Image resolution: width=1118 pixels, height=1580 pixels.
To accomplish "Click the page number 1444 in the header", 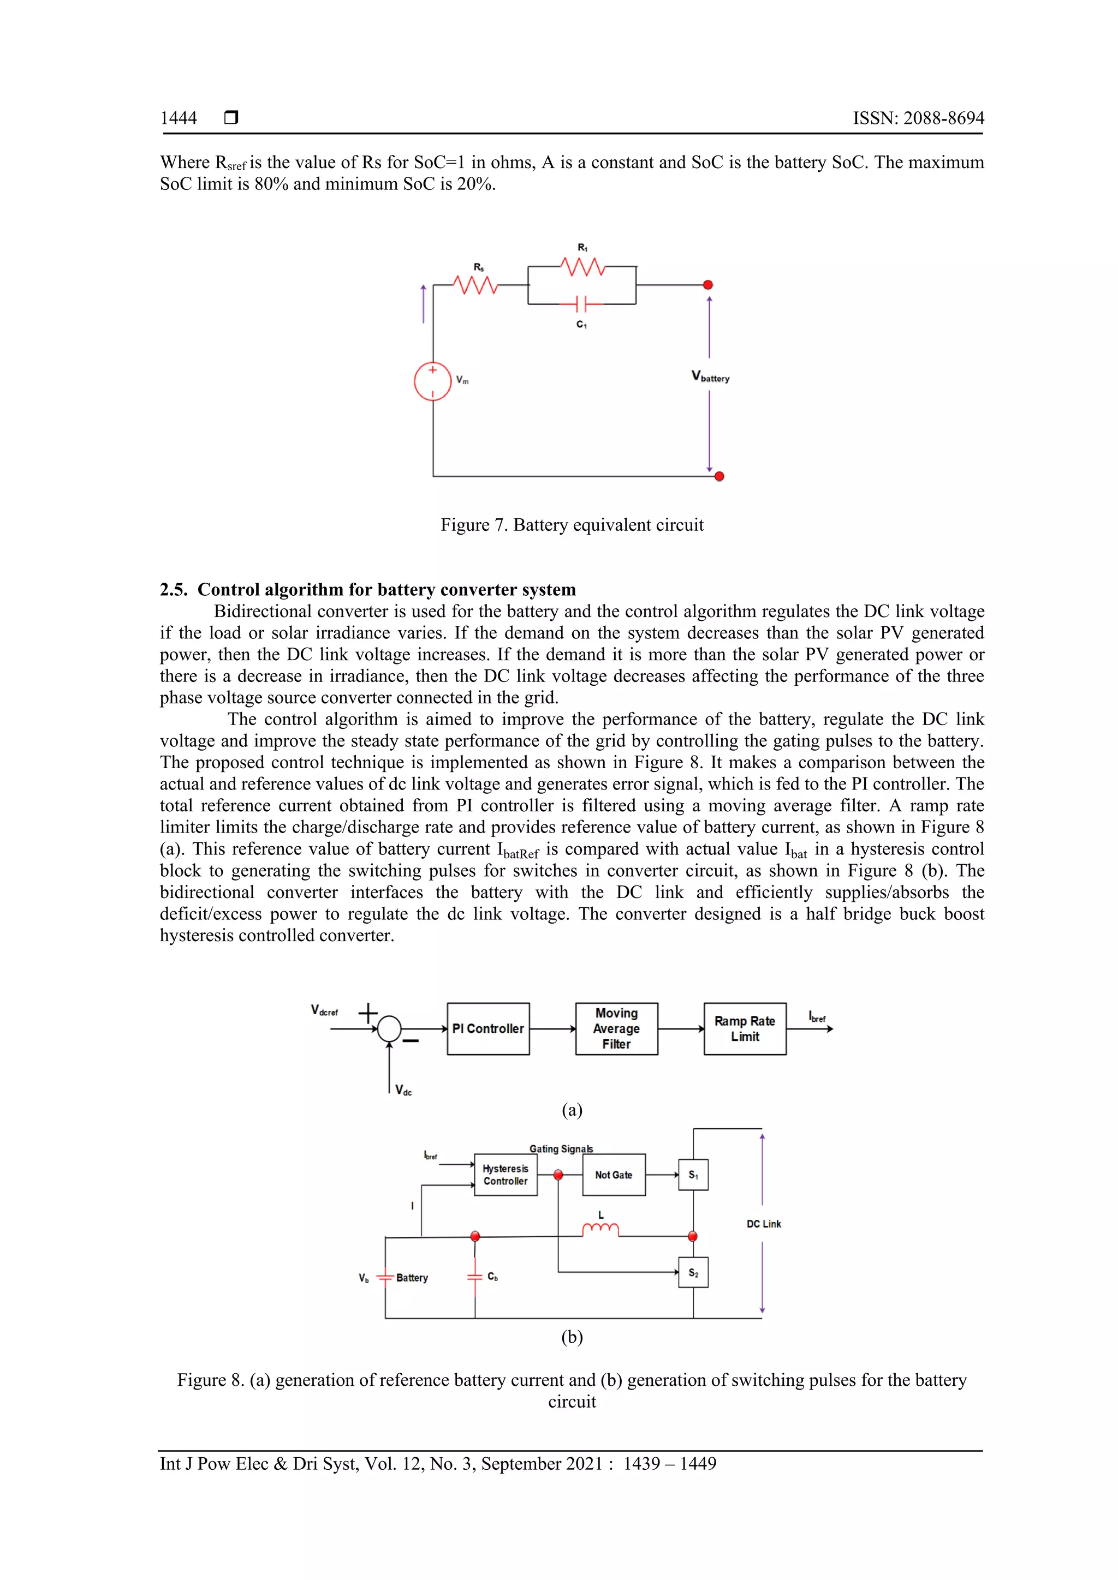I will pyautogui.click(x=179, y=118).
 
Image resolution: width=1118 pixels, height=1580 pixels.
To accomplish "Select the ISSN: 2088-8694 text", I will pyautogui.click(x=918, y=118).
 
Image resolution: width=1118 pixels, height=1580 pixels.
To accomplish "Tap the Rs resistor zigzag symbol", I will pyautogui.click(x=475, y=284).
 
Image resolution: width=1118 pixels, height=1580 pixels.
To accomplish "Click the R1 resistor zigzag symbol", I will pyautogui.click(x=582, y=266).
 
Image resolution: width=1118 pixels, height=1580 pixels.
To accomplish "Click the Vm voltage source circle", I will pyautogui.click(x=432, y=381).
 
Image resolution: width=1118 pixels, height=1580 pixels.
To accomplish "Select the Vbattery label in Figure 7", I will pyautogui.click(x=710, y=377).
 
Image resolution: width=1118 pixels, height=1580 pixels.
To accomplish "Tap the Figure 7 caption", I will pyautogui.click(x=572, y=525).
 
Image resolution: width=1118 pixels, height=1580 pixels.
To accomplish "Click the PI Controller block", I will pyautogui.click(x=488, y=1029).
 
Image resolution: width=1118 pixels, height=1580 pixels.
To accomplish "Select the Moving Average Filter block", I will pyautogui.click(x=617, y=1029).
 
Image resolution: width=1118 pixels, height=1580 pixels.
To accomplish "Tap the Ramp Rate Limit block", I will pyautogui.click(x=745, y=1029).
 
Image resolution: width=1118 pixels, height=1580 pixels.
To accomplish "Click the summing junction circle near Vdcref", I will pyautogui.click(x=390, y=1029).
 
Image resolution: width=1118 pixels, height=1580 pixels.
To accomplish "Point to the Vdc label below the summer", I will pyautogui.click(x=403, y=1090).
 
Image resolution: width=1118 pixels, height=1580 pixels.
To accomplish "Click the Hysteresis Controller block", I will pyautogui.click(x=506, y=1175).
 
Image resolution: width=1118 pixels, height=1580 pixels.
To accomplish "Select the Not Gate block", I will pyautogui.click(x=614, y=1175).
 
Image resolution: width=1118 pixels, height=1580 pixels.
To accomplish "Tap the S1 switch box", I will pyautogui.click(x=693, y=1175).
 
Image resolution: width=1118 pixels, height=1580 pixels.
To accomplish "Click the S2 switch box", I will pyautogui.click(x=693, y=1273).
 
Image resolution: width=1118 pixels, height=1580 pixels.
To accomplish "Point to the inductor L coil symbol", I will pyautogui.click(x=600, y=1230).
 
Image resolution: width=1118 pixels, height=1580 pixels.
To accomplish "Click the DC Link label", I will pyautogui.click(x=764, y=1224).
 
